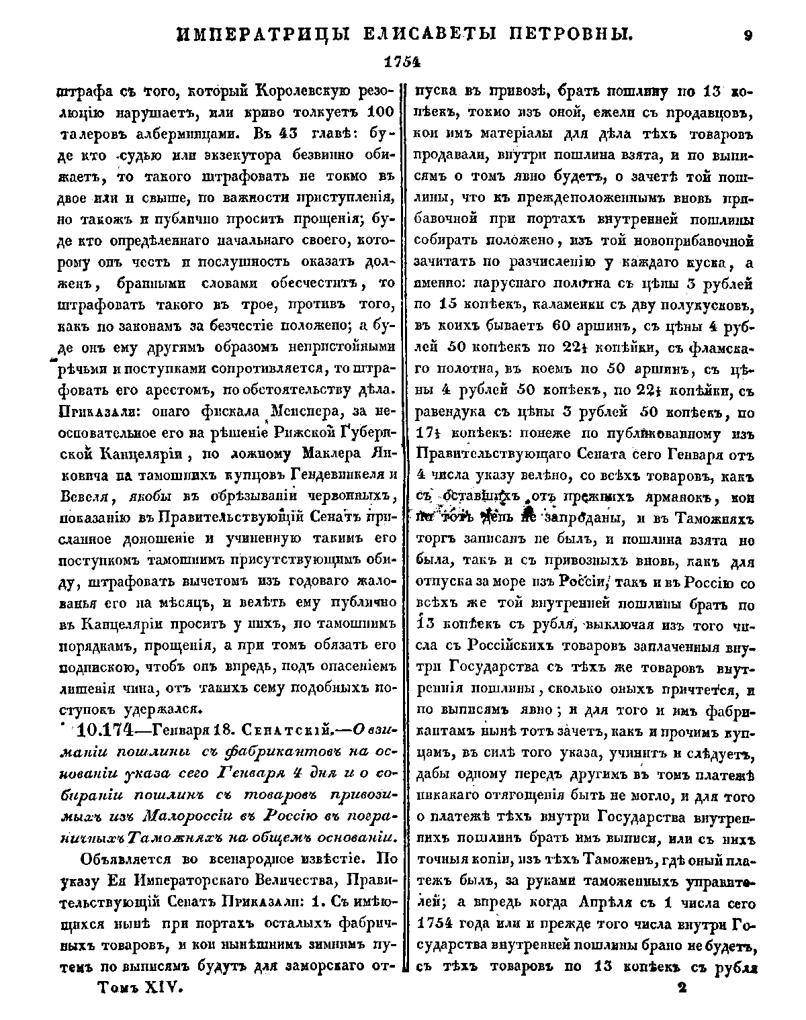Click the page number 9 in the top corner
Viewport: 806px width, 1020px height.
[x=748, y=36]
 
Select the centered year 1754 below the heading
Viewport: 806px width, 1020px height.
[x=401, y=62]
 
